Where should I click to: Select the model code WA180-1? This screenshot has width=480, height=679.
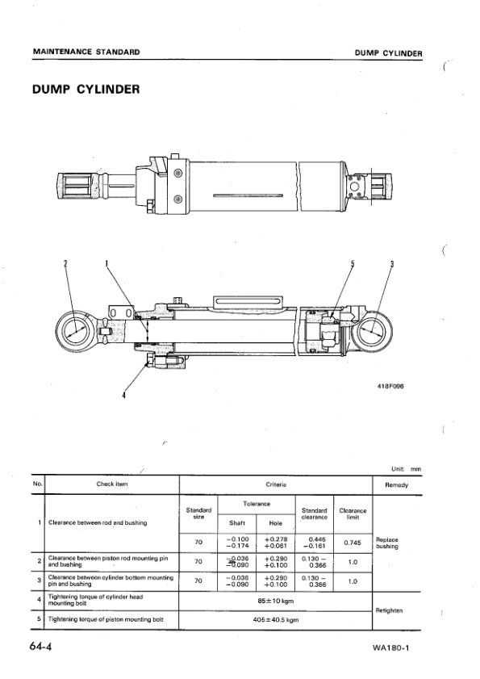tap(396, 649)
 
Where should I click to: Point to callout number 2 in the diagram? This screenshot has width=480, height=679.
tap(66, 263)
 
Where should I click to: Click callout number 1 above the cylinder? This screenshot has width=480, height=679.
tap(106, 263)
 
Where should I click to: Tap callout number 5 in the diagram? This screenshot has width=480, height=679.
tap(352, 263)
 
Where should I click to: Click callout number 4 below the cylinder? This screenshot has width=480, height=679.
tap(123, 396)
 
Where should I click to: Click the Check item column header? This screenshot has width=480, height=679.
tap(111, 485)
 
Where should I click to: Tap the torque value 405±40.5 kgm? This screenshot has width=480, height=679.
tap(274, 620)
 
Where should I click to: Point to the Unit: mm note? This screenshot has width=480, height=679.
tap(405, 468)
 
